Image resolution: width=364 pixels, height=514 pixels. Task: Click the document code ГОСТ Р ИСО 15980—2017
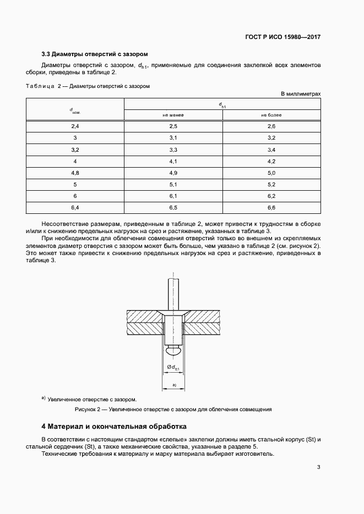point(282,37)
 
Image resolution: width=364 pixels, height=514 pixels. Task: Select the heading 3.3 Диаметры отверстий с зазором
point(95,54)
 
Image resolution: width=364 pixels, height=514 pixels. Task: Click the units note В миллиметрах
point(301,94)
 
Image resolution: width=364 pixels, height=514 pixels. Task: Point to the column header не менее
point(172,115)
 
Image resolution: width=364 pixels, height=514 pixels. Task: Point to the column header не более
point(271,115)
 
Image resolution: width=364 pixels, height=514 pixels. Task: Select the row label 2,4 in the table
point(75,127)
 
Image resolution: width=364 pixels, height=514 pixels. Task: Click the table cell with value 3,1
point(172,137)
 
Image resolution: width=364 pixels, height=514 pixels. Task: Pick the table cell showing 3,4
point(271,150)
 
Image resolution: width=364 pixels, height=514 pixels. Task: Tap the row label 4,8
point(75,173)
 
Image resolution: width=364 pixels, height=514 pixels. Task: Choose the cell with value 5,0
point(271,173)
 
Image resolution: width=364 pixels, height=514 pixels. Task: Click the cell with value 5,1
point(172,184)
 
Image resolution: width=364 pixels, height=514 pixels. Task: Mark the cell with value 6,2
point(271,196)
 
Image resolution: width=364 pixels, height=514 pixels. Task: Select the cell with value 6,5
point(172,207)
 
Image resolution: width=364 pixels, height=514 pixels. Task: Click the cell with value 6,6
point(271,207)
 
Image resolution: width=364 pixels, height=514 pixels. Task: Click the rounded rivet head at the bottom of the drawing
point(173,349)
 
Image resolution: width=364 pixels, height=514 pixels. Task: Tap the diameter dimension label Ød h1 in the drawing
point(173,367)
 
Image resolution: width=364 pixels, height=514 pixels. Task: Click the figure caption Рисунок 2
point(173,410)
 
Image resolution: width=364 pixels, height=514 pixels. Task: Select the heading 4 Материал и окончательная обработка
point(114,427)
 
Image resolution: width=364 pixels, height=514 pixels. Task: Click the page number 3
point(318,468)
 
